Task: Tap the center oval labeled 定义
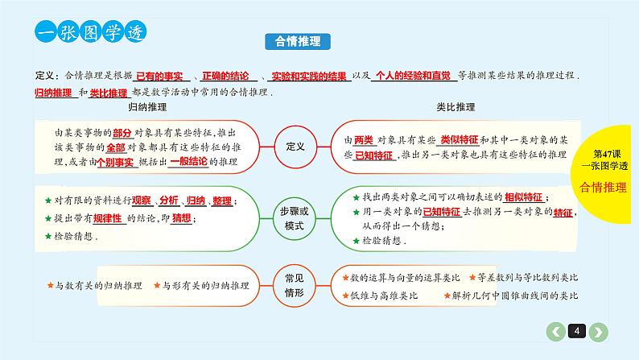(295, 147)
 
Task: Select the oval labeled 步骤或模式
(295, 215)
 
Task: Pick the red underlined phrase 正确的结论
(227, 74)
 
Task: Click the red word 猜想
(183, 218)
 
